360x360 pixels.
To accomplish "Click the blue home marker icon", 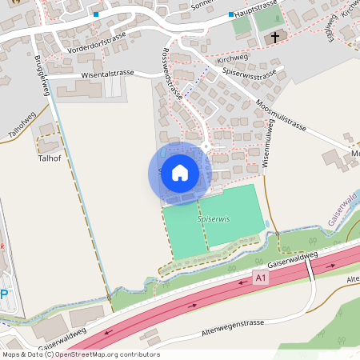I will [180, 173].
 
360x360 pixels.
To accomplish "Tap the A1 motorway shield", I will [259, 278].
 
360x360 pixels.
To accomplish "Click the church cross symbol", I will [274, 38].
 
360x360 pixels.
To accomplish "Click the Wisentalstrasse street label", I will [106, 74].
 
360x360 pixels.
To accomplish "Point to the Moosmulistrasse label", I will [282, 117].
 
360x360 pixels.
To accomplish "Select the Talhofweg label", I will [22, 126].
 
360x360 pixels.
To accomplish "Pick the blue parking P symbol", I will [4, 294].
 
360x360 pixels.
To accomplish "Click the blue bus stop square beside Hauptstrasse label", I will [231, 14].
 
